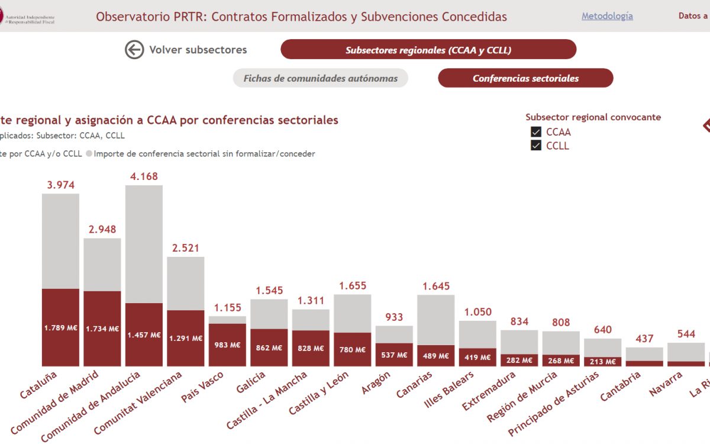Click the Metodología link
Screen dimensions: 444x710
[x=607, y=17]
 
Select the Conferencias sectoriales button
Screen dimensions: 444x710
[x=525, y=78]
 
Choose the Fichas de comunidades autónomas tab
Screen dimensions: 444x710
[x=320, y=78]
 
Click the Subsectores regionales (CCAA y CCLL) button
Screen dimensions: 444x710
[x=428, y=50]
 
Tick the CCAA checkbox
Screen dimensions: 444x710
[x=536, y=132]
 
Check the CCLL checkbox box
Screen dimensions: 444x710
[x=536, y=146]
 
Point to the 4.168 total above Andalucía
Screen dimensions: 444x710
[x=144, y=176]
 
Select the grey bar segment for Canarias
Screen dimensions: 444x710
[x=435, y=320]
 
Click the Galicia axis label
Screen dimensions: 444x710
[x=251, y=382]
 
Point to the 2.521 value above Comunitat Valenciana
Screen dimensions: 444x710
[x=185, y=247]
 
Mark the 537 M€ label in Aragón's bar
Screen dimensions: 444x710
[x=394, y=355]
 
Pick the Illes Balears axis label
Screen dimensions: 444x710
[x=450, y=390]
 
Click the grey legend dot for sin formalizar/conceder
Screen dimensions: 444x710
[x=89, y=154]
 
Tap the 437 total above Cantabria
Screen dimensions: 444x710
[x=644, y=339]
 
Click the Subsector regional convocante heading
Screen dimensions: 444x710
[x=593, y=117]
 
